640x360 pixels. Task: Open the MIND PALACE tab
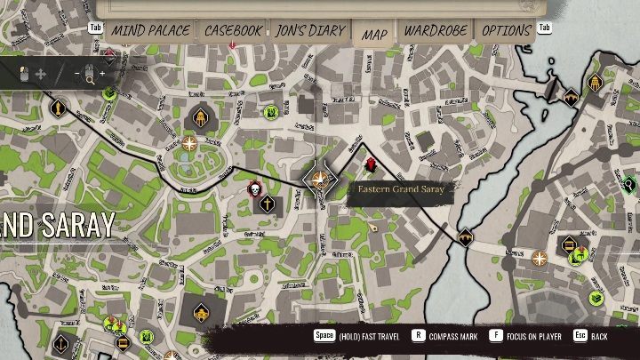pyautogui.click(x=150, y=30)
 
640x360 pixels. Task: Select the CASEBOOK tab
pyautogui.click(x=234, y=30)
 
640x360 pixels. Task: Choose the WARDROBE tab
pyautogui.click(x=436, y=30)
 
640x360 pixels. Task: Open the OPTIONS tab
pyautogui.click(x=506, y=30)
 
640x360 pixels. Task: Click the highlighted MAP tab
pyautogui.click(x=374, y=34)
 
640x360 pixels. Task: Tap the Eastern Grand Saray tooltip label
pyautogui.click(x=402, y=189)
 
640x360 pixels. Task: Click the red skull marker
pyautogui.click(x=253, y=189)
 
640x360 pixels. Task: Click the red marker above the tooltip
pyautogui.click(x=371, y=165)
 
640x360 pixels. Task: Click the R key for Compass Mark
pyautogui.click(x=418, y=336)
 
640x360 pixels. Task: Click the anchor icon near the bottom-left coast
pyautogui.click(x=60, y=344)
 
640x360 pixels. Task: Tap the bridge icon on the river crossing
pyautogui.click(x=465, y=237)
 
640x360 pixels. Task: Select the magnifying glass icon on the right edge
pyautogui.click(x=629, y=185)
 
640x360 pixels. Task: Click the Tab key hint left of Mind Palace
pyautogui.click(x=96, y=27)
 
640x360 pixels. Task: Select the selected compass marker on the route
pyautogui.click(x=319, y=180)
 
